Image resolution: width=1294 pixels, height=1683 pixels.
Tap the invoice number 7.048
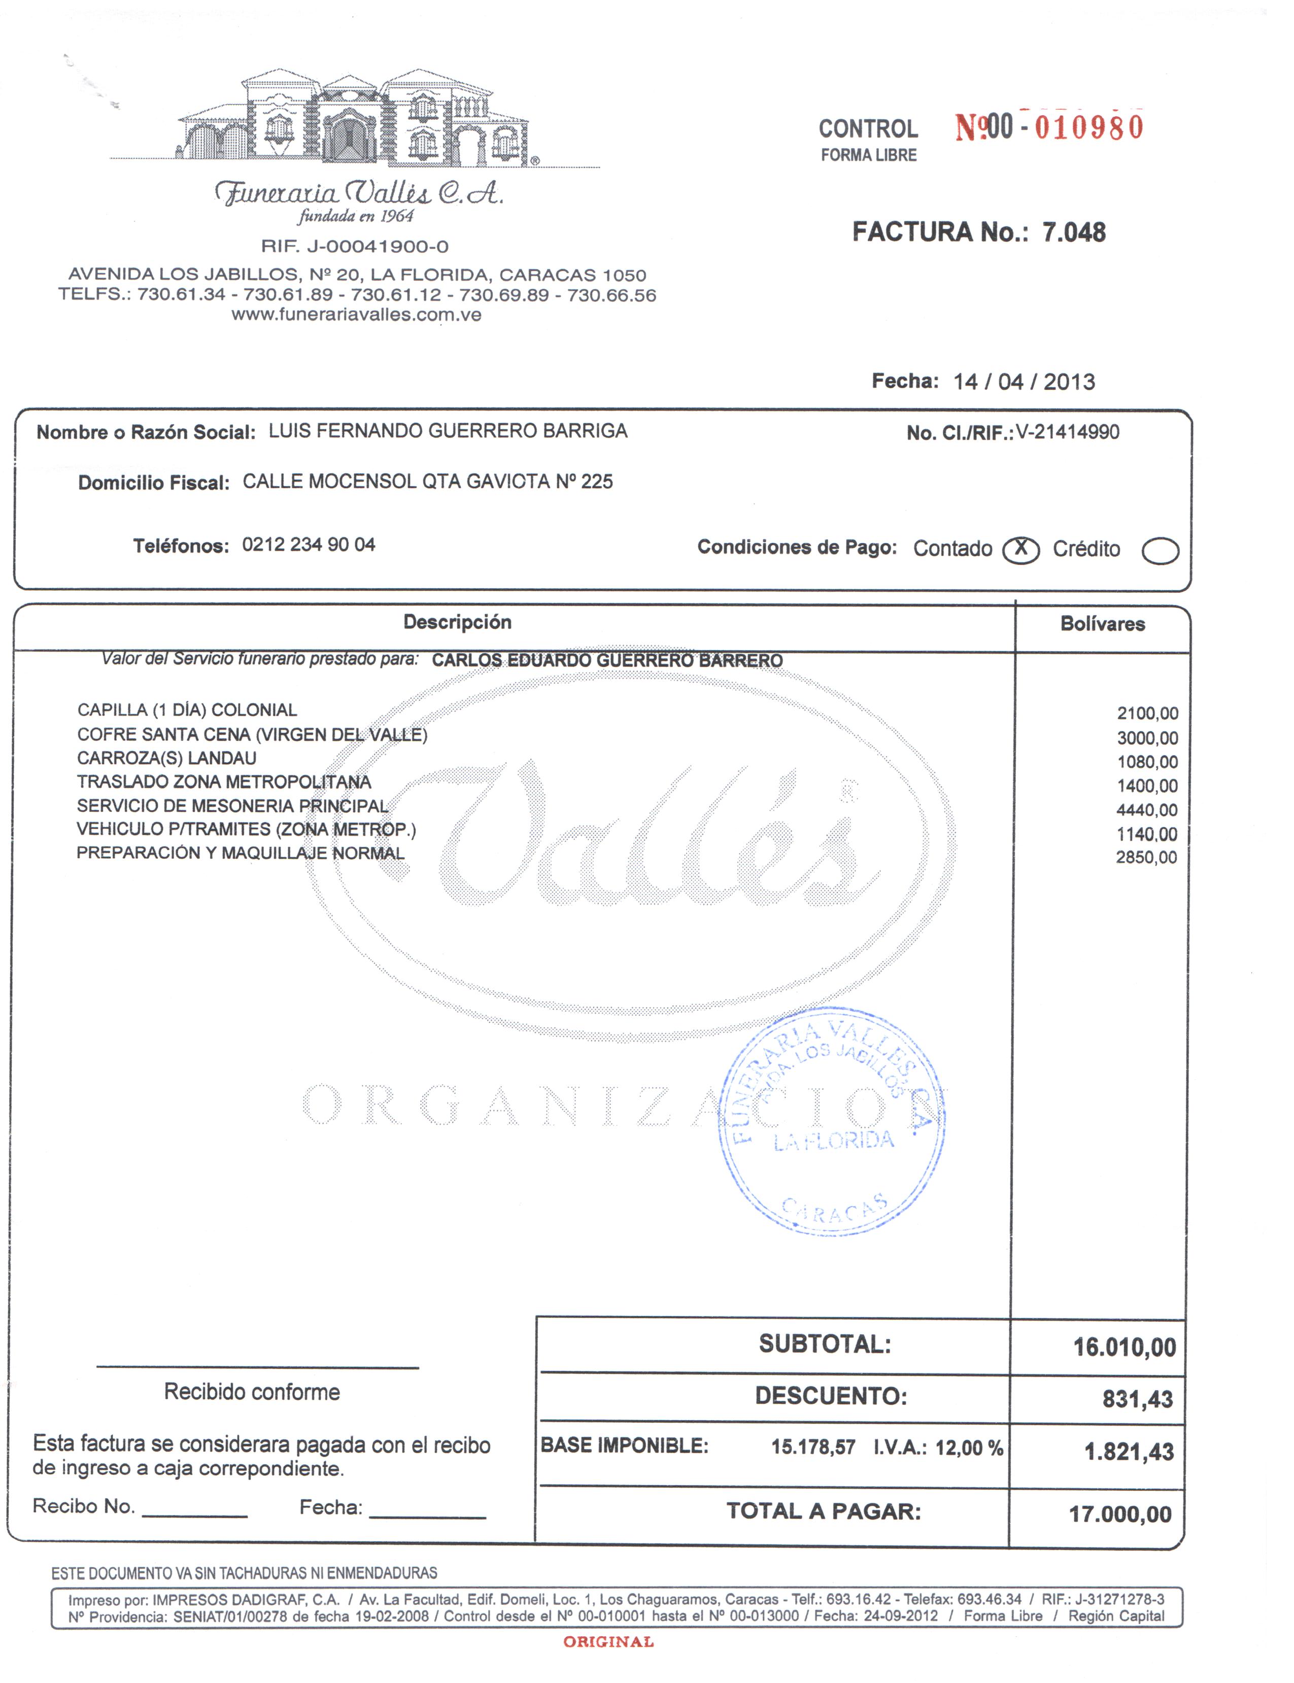[x=1074, y=232]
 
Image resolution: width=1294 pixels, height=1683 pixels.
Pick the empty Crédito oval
[x=1160, y=551]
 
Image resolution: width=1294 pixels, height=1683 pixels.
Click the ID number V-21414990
[x=1068, y=432]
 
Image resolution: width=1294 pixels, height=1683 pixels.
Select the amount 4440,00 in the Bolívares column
[x=1147, y=810]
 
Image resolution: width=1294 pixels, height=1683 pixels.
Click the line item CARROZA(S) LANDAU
[x=166, y=758]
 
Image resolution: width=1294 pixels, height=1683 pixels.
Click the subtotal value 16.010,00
[x=1125, y=1347]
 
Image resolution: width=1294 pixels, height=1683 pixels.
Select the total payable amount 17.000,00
[x=1120, y=1514]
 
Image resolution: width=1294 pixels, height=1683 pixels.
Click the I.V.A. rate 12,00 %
[x=969, y=1448]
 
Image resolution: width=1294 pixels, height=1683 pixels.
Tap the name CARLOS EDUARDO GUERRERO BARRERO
[x=607, y=661]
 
